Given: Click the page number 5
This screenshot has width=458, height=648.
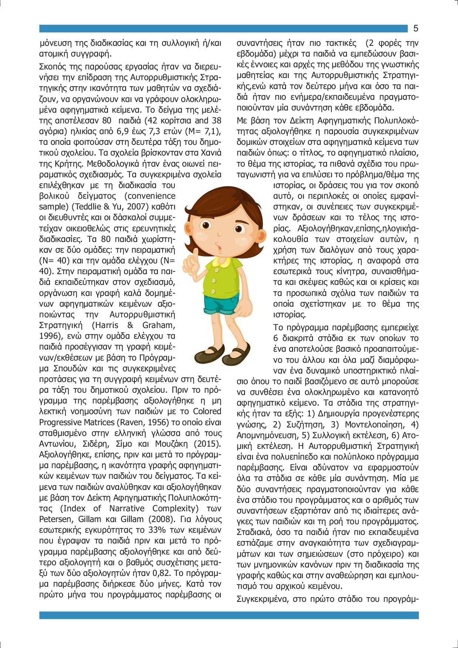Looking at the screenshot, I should pyautogui.click(x=416, y=28).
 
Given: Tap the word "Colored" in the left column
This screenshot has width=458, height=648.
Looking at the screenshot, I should pyautogui.click(x=207, y=412).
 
